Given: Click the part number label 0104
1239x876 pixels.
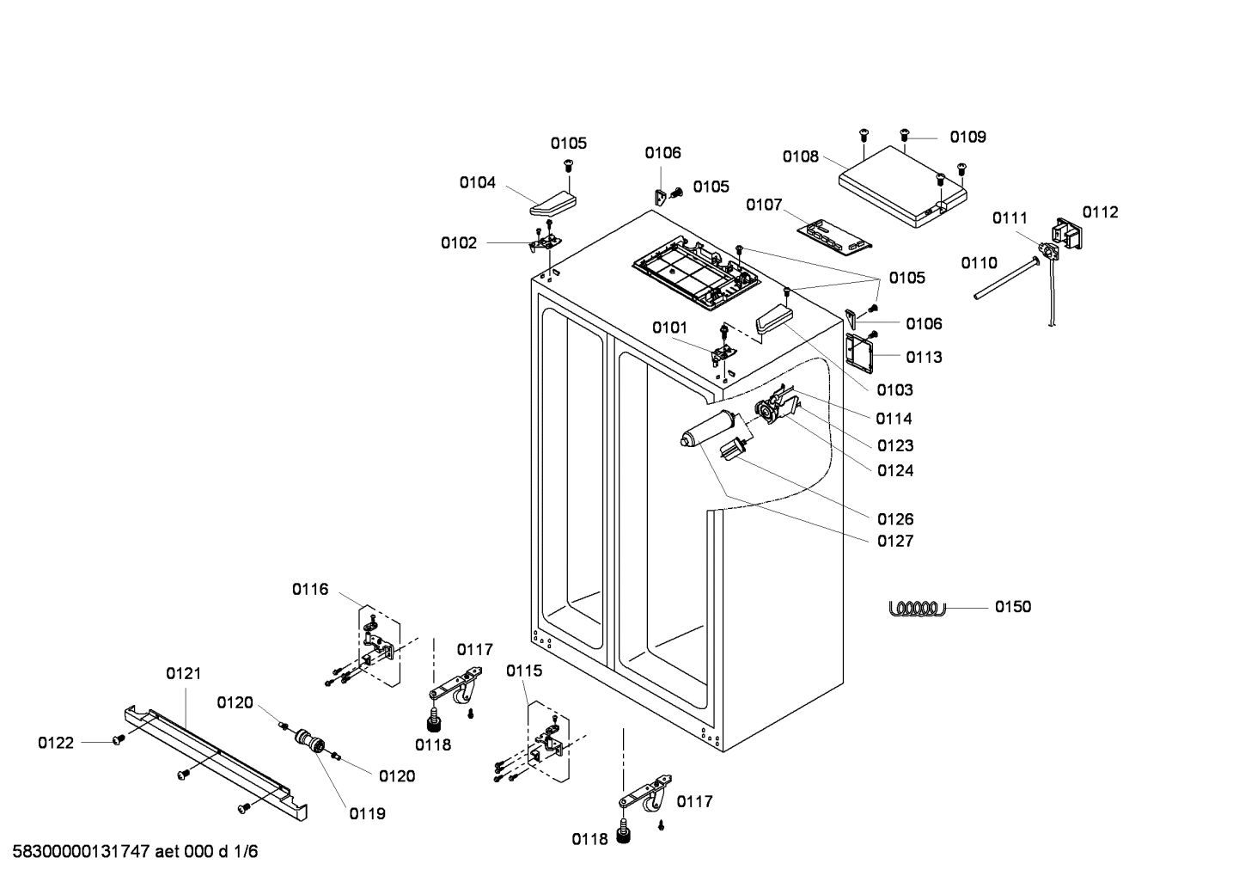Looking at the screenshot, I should coord(477,182).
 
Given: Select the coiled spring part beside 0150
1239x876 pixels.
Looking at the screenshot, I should coord(916,608).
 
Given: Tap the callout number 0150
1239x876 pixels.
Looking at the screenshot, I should coord(1013,607).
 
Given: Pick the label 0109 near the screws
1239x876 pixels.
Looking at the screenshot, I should coord(967,137).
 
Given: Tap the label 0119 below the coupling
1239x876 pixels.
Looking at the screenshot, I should coord(367,813).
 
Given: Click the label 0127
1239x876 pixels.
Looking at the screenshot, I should coord(894,541).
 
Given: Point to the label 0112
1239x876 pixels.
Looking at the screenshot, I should coord(1100,212).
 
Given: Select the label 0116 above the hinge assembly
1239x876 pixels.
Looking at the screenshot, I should coord(310,590).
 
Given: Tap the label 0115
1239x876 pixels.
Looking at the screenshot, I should coord(524,671).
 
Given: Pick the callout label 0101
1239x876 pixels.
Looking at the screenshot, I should coord(669,328).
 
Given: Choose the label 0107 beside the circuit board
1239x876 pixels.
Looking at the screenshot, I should coord(764,205).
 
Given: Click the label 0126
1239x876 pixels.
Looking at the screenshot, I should coord(894,519).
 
